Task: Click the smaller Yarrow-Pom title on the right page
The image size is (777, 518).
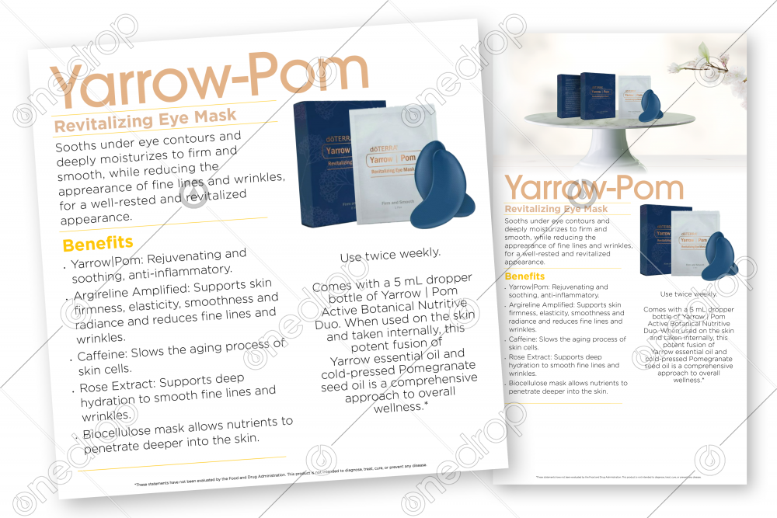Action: click(x=594, y=187)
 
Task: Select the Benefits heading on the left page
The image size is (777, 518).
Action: click(x=98, y=244)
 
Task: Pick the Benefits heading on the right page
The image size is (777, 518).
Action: click(x=524, y=276)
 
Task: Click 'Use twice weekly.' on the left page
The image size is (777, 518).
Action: click(x=390, y=254)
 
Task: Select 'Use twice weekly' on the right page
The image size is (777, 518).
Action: click(x=688, y=294)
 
